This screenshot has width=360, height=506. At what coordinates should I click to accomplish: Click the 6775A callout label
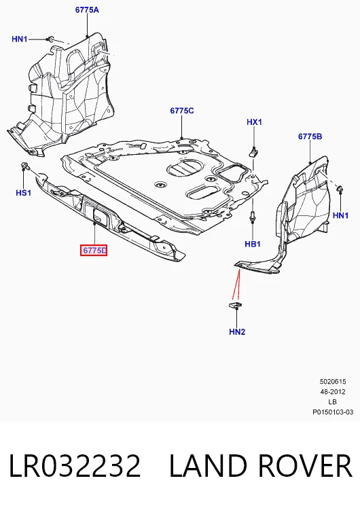[x=87, y=10]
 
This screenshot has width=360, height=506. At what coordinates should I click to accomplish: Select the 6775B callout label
[x=310, y=137]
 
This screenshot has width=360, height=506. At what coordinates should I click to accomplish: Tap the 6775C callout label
[x=182, y=111]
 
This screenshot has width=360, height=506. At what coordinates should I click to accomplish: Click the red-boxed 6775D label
[x=94, y=250]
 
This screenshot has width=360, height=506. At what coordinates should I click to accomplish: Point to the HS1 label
[x=24, y=193]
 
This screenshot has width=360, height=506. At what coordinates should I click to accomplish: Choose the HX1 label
[x=255, y=122]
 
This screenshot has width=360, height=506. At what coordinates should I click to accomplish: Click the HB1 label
[x=253, y=244]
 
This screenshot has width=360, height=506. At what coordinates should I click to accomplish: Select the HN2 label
[x=237, y=331]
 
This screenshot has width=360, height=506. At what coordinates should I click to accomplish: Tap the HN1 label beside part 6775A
[x=20, y=39]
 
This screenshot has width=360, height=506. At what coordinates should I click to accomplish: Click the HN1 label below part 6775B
[x=340, y=215]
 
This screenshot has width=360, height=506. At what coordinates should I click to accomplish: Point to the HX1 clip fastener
[x=255, y=152]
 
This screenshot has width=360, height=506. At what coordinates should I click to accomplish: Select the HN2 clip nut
[x=236, y=305]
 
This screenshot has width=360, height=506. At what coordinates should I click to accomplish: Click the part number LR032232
[x=75, y=465]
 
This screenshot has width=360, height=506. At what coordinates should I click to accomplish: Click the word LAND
[x=209, y=465]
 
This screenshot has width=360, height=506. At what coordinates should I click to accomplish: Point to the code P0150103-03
[x=333, y=412]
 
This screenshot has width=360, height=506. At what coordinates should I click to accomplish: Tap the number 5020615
[x=333, y=382]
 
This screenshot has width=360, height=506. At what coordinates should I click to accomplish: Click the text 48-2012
[x=333, y=392]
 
